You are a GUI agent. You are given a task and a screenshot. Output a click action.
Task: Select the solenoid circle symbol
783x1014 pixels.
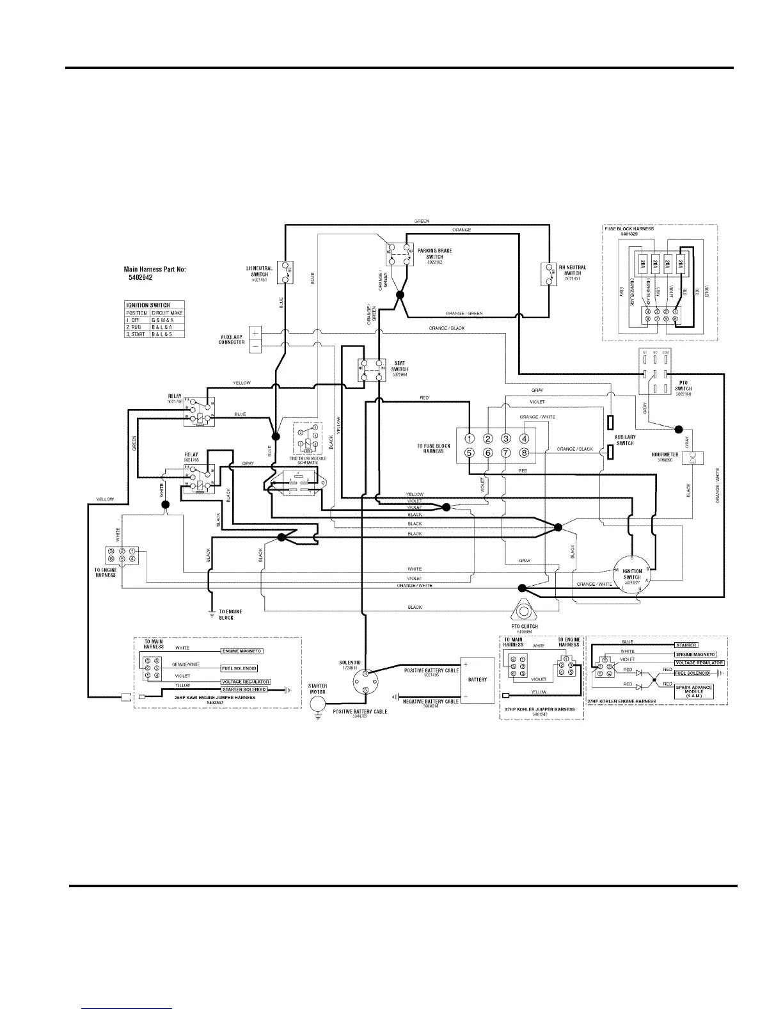pyautogui.click(x=365, y=682)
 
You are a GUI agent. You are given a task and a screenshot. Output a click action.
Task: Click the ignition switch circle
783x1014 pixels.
pyautogui.click(x=631, y=574)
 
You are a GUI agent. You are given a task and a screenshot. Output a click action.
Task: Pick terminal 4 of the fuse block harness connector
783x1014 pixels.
pyautogui.click(x=524, y=439)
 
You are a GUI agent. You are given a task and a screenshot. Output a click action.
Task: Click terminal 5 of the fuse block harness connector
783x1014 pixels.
pyautogui.click(x=469, y=453)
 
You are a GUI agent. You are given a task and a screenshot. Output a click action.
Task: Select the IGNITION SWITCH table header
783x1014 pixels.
pyautogui.click(x=148, y=305)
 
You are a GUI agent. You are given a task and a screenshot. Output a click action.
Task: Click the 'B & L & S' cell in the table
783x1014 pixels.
pyautogui.click(x=166, y=334)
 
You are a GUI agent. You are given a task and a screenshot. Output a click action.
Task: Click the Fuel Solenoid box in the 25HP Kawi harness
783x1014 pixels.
pyautogui.click(x=239, y=668)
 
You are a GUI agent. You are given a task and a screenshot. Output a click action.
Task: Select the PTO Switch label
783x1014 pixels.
pyautogui.click(x=683, y=389)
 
